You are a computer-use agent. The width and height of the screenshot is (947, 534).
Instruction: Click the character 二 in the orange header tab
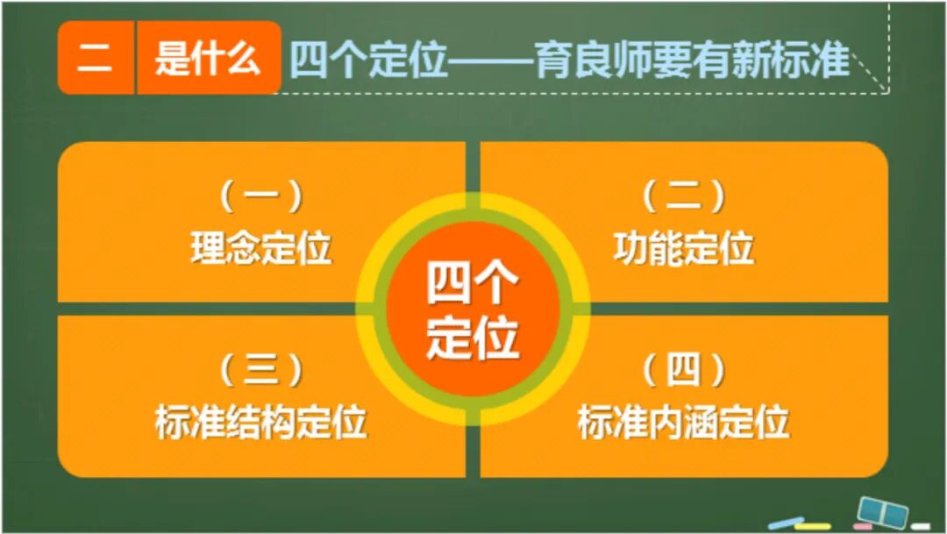pos(95,60)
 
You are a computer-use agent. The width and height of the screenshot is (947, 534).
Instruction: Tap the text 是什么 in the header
pos(208,60)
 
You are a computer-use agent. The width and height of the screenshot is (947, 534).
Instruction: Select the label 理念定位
pos(261,249)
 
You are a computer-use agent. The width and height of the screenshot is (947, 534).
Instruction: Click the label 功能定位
pos(683,249)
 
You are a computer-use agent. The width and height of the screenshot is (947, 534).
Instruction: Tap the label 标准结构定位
pos(261,422)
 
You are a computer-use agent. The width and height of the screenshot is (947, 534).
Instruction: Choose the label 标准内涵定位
pos(683,422)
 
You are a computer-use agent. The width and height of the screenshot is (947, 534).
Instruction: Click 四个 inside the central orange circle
pos(473,283)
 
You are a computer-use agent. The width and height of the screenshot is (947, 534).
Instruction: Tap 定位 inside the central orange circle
pos(473,337)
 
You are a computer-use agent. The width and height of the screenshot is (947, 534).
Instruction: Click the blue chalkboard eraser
pos(880,510)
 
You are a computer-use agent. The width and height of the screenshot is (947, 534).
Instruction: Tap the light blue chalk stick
pos(784,524)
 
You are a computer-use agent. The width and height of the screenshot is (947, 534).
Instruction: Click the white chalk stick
pos(920,526)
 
